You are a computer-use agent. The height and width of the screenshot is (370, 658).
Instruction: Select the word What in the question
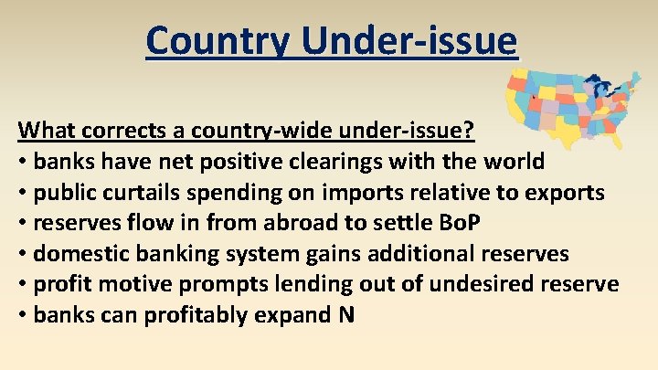pyautogui.click(x=45, y=130)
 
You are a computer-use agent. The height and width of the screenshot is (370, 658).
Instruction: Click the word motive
pyautogui.click(x=135, y=285)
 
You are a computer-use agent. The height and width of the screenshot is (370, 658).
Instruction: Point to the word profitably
pyautogui.click(x=197, y=316)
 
